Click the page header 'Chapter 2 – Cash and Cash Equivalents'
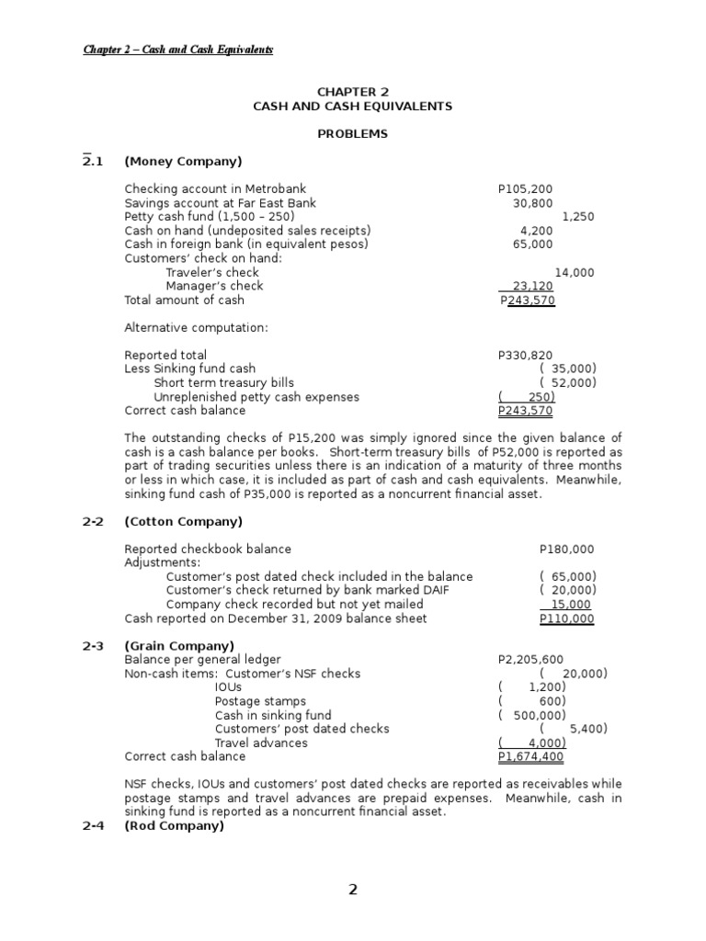pos(178,50)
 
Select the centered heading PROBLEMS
pos(352,134)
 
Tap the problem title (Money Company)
pos(183,162)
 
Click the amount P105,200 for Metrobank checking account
pos(526,189)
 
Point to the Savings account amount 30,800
pos(532,203)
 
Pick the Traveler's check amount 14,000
pos(575,272)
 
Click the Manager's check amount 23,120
pos(533,286)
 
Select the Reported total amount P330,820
pos(526,355)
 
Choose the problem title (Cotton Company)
pos(183,522)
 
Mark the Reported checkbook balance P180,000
pos(566,550)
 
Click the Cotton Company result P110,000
pos(566,618)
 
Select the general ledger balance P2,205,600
pos(530,660)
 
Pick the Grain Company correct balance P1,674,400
pos(530,756)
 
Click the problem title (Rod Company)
pos(174,825)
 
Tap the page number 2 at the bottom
pos(353,890)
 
